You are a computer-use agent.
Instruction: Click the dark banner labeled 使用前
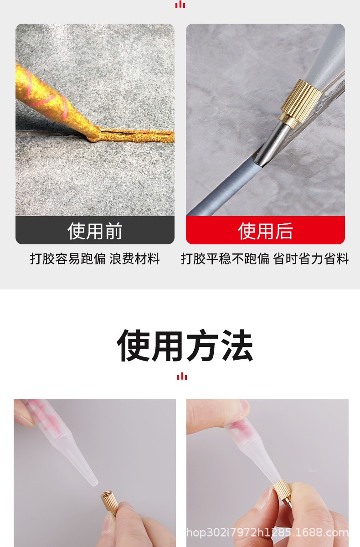click(x=95, y=231)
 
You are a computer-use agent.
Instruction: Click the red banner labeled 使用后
click(x=265, y=231)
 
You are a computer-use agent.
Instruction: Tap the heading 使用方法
click(x=185, y=345)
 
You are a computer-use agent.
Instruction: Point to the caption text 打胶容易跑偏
click(x=68, y=259)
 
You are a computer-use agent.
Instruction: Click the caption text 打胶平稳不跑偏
click(x=225, y=259)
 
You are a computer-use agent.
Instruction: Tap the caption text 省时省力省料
click(x=311, y=259)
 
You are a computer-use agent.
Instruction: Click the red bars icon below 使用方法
click(x=182, y=376)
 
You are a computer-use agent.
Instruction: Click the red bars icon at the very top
click(x=180, y=4)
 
